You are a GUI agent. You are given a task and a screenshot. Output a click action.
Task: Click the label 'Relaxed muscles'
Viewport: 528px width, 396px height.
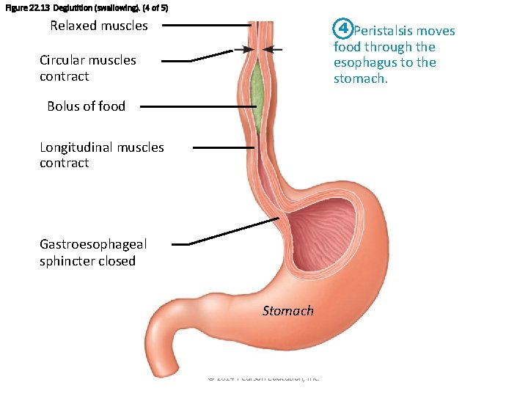point(99,26)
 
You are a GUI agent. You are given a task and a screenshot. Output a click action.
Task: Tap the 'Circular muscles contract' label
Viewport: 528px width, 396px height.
point(88,68)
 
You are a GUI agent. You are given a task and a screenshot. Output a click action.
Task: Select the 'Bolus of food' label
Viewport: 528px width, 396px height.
point(86,106)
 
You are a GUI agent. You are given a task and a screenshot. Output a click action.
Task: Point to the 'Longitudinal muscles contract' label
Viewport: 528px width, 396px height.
point(102,155)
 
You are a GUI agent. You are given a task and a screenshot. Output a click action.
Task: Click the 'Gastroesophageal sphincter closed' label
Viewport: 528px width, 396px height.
point(93,253)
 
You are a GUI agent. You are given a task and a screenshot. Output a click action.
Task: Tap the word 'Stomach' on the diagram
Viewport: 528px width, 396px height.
point(288,311)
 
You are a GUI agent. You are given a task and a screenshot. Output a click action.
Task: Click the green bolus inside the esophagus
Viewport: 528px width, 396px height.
point(257,92)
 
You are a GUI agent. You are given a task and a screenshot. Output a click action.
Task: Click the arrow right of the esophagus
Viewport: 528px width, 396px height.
point(272,50)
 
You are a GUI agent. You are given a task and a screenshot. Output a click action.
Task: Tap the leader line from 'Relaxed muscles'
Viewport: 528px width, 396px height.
point(205,25)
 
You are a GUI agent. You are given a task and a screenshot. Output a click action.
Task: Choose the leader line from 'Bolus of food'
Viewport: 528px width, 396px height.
point(198,106)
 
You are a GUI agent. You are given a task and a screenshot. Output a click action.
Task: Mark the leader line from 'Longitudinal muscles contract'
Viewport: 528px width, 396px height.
point(224,147)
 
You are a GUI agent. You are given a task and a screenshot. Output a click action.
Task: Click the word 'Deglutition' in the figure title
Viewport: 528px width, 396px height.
point(71,7)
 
